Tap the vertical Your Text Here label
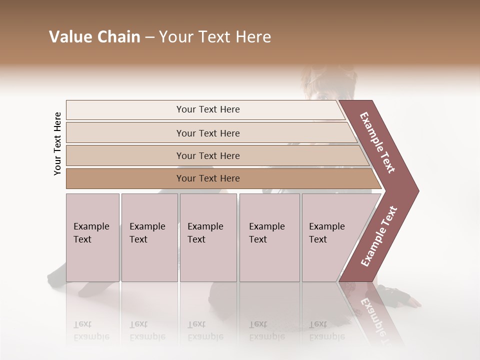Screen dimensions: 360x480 click(57, 143)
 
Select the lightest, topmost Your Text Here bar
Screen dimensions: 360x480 click(207, 109)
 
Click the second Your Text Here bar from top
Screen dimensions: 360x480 click(207, 133)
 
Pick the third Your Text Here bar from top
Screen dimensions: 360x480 click(207, 155)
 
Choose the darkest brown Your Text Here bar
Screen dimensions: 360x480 click(207, 178)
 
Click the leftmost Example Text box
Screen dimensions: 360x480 click(92, 237)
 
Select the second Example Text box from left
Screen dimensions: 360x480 click(149, 237)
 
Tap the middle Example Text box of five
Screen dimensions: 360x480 click(208, 237)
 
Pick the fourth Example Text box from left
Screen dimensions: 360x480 click(269, 237)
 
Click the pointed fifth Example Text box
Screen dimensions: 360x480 click(330, 237)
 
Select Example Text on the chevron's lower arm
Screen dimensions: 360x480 click(379, 236)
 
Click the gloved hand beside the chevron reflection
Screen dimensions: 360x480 click(410, 300)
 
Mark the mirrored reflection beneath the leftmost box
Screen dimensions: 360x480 click(92, 330)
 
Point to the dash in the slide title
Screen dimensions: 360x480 click(149, 37)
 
